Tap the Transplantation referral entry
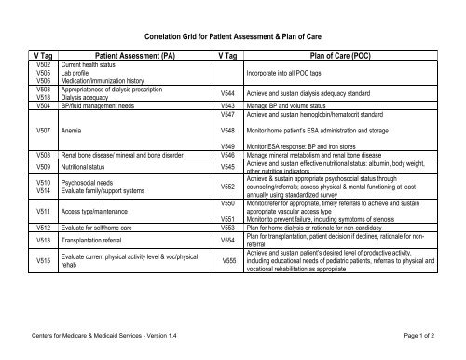click(x=96, y=239)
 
